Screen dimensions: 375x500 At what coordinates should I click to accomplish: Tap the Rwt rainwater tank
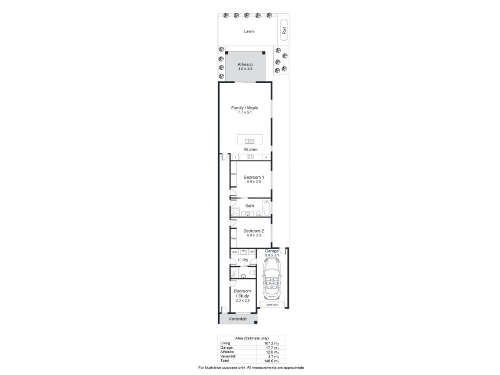pyautogui.click(x=284, y=30)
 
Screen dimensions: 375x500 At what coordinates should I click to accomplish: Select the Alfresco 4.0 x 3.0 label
pyautogui.click(x=244, y=66)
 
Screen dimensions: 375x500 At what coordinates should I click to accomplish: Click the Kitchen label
pyautogui.click(x=249, y=150)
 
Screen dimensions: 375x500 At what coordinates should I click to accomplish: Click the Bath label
pyautogui.click(x=249, y=206)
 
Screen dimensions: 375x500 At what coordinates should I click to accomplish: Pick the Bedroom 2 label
pyautogui.click(x=253, y=231)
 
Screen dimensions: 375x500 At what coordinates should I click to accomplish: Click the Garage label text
pyautogui.click(x=272, y=250)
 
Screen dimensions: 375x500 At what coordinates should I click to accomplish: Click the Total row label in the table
pyautogui.click(x=224, y=361)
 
